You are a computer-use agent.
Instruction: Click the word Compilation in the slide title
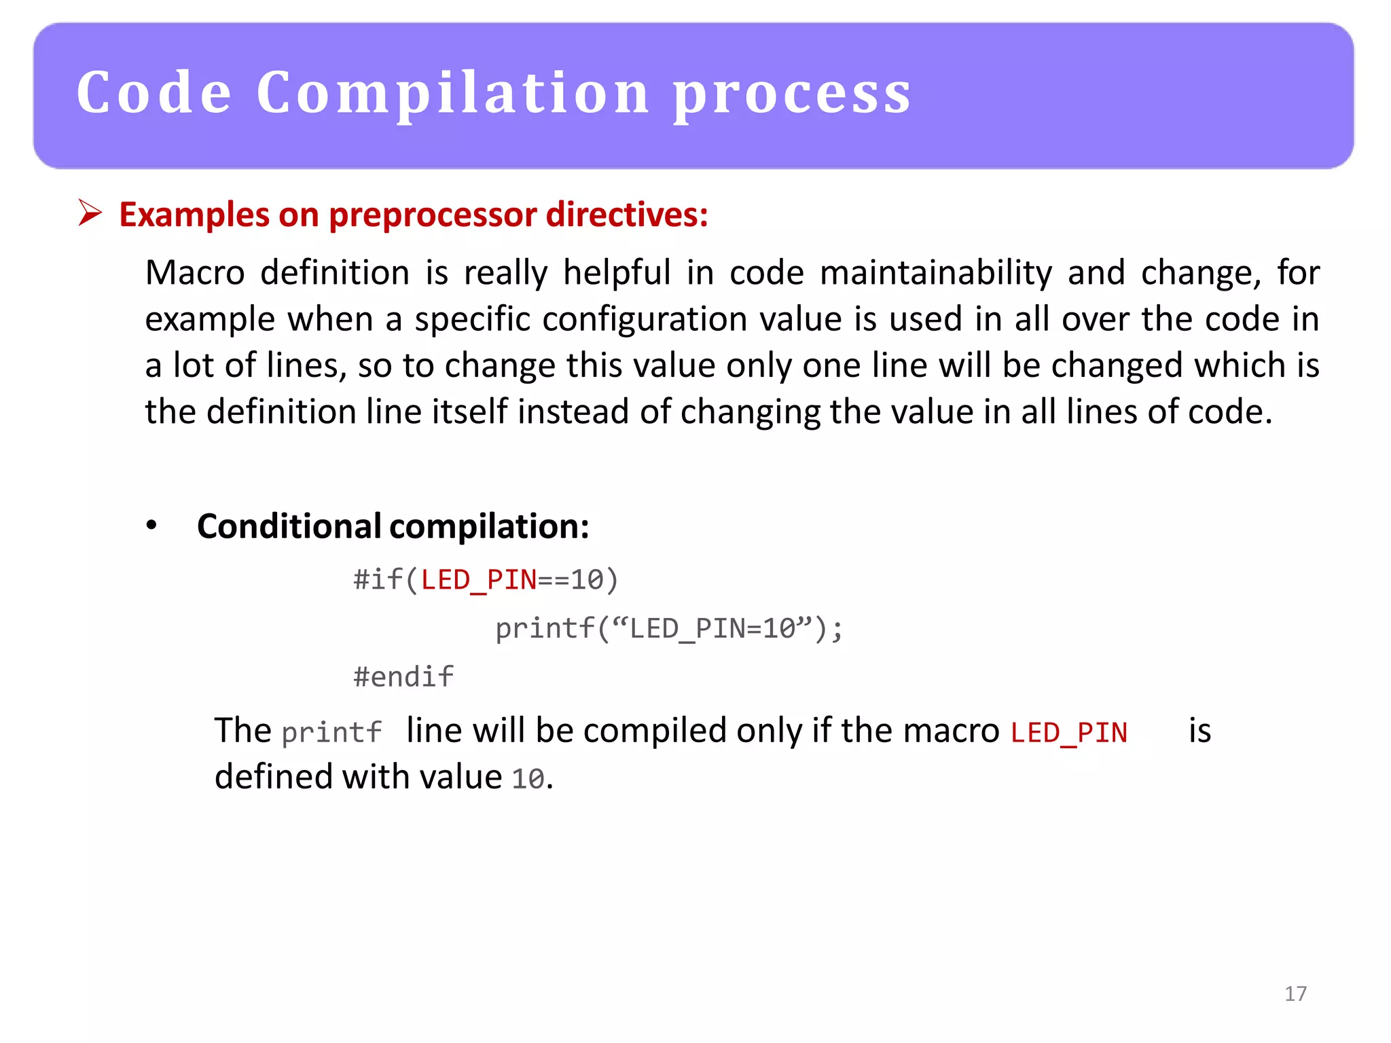point(453,93)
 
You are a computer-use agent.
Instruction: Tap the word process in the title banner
point(792,95)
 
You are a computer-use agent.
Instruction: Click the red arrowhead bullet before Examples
point(90,213)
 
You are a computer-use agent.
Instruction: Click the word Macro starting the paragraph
point(195,273)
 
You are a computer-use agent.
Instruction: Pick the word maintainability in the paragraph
point(936,273)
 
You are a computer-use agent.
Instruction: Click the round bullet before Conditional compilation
point(151,526)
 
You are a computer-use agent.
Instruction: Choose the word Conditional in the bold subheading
point(289,526)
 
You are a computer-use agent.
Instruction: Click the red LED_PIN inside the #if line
point(478,580)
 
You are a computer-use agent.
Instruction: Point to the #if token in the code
point(378,580)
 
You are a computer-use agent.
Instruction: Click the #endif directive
point(403,677)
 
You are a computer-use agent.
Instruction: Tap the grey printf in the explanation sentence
point(331,733)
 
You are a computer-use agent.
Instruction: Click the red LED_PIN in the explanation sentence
point(1068,733)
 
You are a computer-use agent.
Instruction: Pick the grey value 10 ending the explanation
point(528,779)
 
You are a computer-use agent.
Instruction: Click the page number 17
point(1295,994)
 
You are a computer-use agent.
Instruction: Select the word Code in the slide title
point(154,93)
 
